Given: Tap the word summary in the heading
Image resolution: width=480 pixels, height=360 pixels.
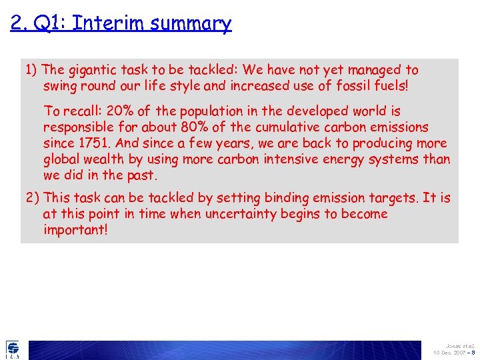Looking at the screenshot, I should coord(191,24).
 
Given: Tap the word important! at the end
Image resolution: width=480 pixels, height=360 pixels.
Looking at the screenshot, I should coord(75,231).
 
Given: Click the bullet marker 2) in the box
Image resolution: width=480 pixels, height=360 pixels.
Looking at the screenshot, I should coord(33,198).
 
